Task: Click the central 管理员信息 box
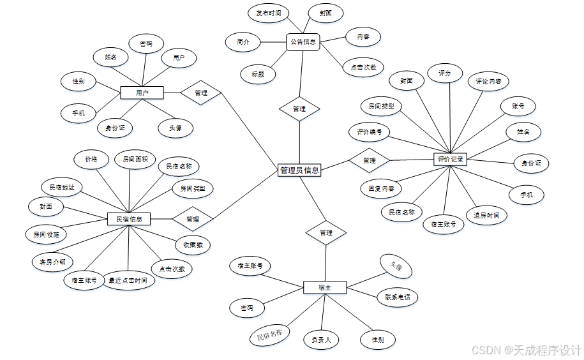[299, 170]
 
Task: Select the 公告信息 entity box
[303, 42]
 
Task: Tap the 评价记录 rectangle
[451, 159]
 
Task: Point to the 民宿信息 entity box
[129, 220]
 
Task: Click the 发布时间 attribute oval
[268, 13]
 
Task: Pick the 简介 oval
[243, 42]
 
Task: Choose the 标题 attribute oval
[258, 74]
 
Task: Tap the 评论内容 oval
[488, 82]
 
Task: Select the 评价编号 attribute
[370, 133]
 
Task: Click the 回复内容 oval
[381, 188]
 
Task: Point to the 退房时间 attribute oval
[486, 216]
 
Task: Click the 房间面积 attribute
[135, 159]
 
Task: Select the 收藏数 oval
[193, 244]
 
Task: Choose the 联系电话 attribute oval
[397, 297]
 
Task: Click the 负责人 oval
[321, 340]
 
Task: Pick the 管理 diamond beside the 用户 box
[200, 93]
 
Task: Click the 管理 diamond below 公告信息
[299, 109]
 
